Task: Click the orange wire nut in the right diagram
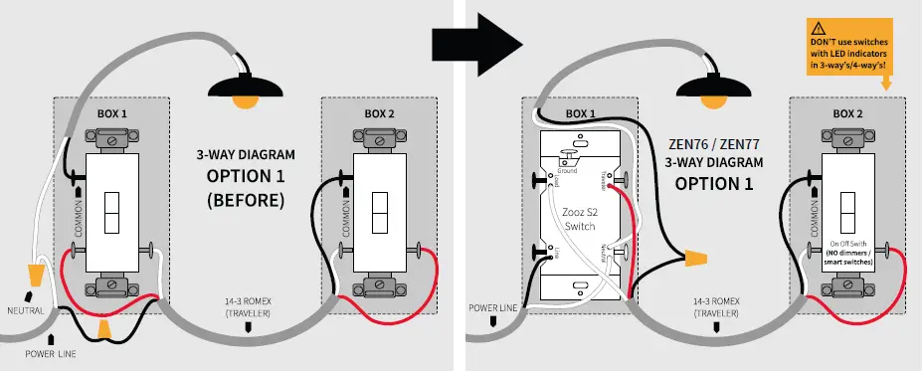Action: tap(695, 261)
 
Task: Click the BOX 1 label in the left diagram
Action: tap(112, 114)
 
